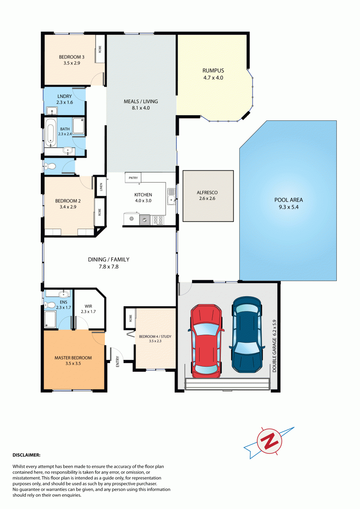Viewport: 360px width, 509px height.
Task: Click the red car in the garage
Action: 206,341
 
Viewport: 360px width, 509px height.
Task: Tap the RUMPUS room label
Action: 213,71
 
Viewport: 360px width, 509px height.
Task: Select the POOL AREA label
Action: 289,200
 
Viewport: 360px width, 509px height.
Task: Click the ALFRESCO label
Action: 207,192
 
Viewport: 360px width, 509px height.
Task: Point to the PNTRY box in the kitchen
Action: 133,178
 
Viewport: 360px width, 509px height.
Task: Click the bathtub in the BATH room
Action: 50,133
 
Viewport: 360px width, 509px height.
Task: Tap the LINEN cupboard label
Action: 101,187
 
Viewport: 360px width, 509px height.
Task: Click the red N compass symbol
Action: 269,441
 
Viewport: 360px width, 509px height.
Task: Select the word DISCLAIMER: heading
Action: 26,455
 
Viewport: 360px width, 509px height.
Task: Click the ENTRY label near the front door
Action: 118,361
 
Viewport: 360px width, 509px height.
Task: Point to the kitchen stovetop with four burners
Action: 158,220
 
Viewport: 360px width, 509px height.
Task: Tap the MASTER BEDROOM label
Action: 73,358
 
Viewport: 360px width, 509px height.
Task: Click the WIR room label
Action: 88,306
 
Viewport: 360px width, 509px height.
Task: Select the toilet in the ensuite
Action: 50,305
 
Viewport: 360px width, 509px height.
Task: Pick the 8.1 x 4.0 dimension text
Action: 141,108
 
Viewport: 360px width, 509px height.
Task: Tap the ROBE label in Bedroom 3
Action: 100,49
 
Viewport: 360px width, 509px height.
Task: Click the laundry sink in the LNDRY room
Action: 52,111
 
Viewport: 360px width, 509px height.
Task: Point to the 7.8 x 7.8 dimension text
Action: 109,267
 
